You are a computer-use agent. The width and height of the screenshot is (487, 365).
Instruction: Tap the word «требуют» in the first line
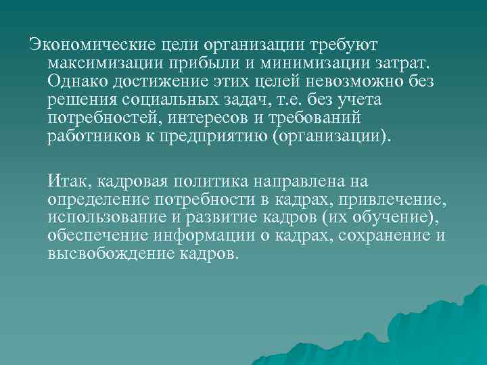tap(344, 45)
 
